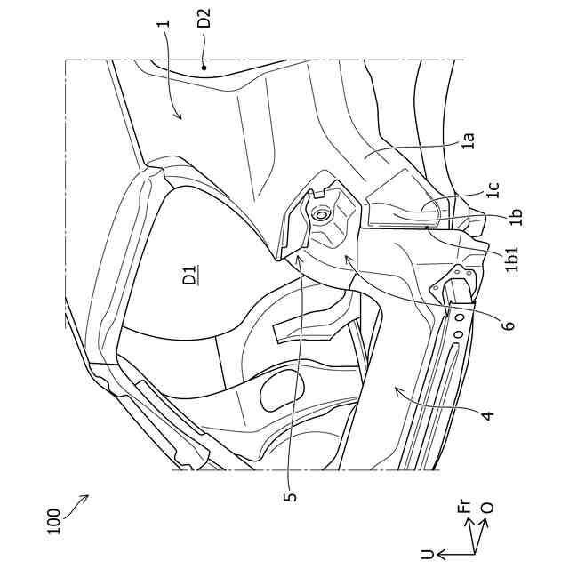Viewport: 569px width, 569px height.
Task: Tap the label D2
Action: click(x=204, y=19)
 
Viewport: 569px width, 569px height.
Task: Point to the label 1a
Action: click(x=469, y=139)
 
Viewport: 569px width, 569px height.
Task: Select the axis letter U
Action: click(x=429, y=553)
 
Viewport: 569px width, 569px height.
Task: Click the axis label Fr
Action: click(x=463, y=509)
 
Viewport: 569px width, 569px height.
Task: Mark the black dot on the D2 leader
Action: click(x=204, y=65)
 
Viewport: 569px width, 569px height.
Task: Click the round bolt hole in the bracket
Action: click(x=322, y=213)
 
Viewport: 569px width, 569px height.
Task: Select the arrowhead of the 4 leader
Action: click(x=392, y=389)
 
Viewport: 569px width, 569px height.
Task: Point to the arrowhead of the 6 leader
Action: click(x=343, y=253)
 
